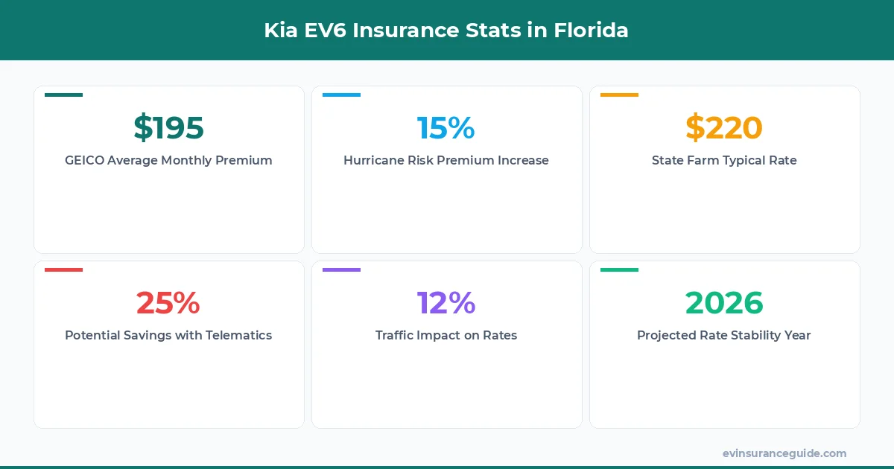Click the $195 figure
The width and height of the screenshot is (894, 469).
click(168, 128)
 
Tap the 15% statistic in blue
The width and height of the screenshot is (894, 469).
click(446, 128)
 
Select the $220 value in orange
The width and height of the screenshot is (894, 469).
click(724, 128)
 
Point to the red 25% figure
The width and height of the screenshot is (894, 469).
click(168, 303)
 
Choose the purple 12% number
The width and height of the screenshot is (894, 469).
click(446, 303)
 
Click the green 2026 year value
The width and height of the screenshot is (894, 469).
click(724, 303)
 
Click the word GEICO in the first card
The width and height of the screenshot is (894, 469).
click(84, 160)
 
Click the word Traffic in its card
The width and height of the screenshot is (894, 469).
click(396, 335)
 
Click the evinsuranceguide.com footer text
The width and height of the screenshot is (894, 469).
click(784, 453)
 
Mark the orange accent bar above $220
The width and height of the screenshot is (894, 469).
click(619, 95)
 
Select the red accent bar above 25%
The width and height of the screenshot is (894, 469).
click(63, 270)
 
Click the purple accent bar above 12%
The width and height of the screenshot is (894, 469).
click(341, 270)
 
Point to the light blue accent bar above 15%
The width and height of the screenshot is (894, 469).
click(341, 95)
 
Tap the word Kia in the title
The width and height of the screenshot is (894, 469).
click(281, 31)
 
